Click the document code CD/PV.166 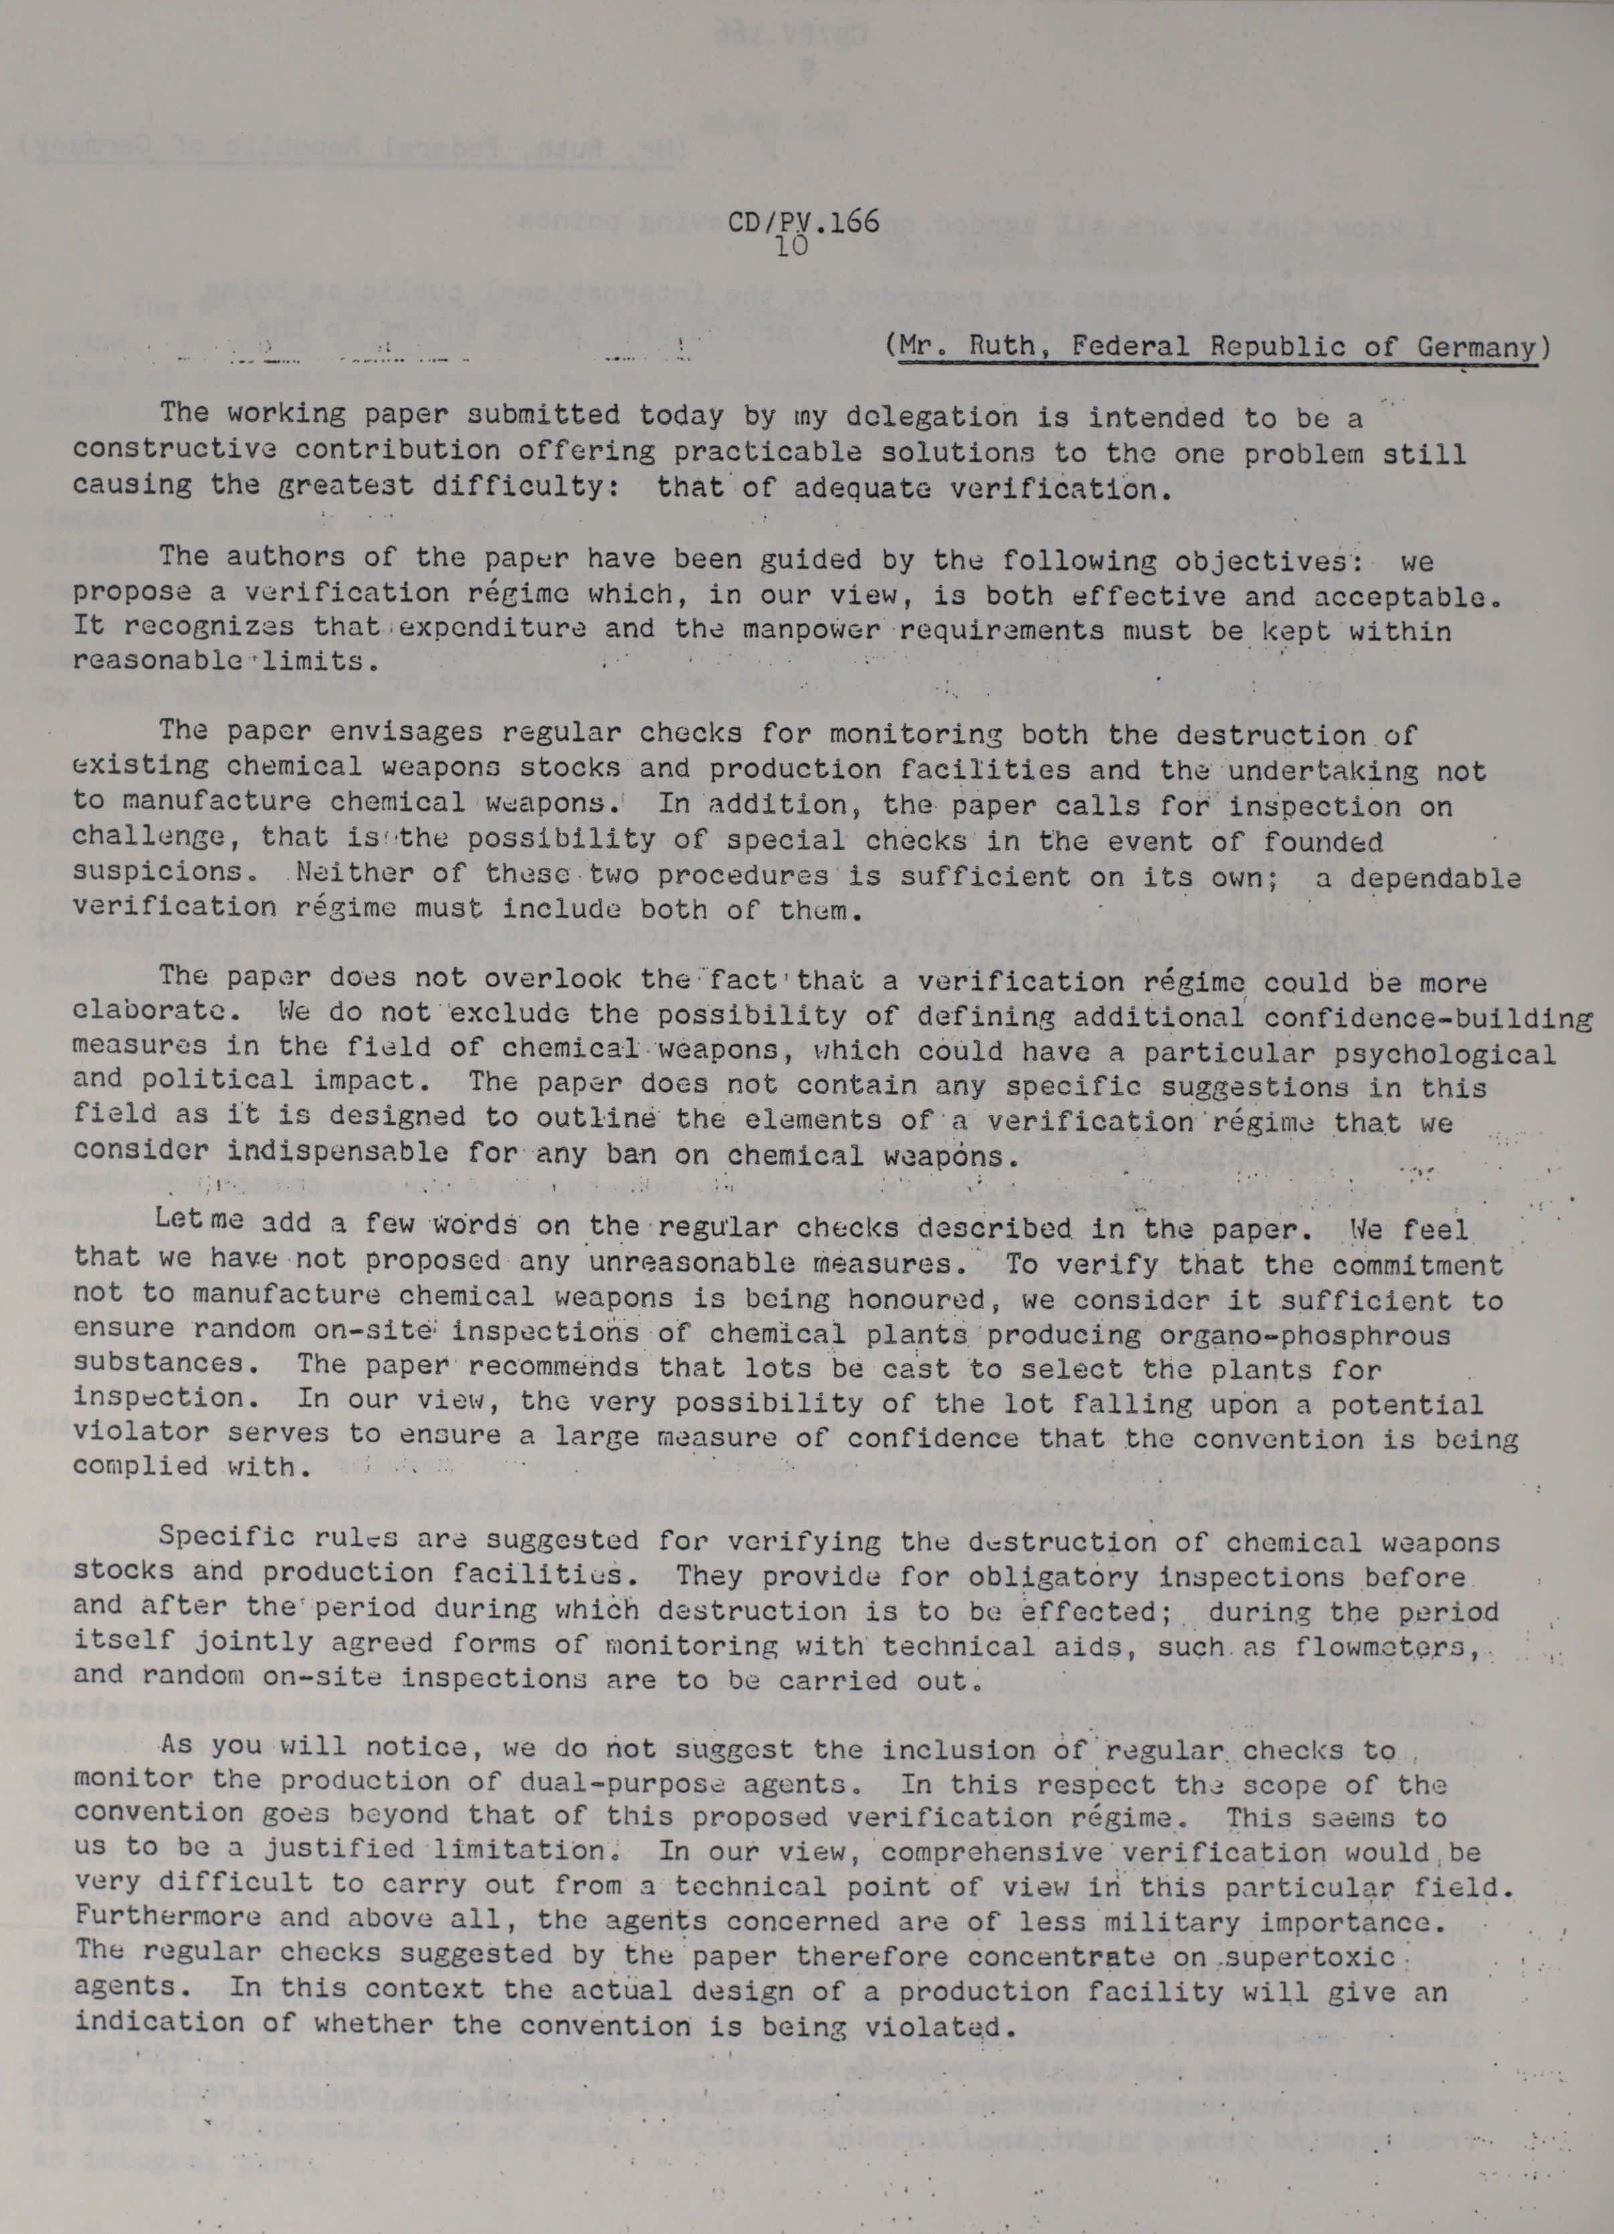point(803,223)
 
